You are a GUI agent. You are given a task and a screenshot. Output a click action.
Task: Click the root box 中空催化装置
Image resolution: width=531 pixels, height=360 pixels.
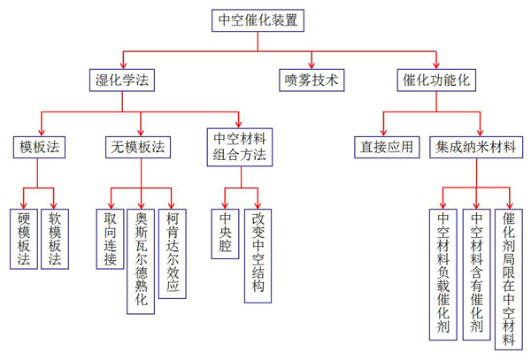tap(259, 19)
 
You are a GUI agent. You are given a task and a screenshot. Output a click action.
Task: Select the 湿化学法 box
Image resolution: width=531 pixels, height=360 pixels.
tap(122, 80)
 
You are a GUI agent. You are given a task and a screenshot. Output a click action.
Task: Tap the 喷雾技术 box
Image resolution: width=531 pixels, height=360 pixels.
tap(310, 80)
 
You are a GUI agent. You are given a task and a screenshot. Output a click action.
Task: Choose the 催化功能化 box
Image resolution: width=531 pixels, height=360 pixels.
tap(435, 80)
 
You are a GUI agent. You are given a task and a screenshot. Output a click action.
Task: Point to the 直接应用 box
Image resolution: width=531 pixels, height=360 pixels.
tap(387, 147)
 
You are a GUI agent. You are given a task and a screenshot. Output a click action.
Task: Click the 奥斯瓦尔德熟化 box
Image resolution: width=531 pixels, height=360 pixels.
tap(141, 261)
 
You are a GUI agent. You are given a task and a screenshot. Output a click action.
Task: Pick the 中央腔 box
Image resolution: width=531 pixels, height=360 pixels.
tap(226, 233)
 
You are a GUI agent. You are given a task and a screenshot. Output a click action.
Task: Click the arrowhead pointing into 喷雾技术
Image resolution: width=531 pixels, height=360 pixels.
tap(310, 65)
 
